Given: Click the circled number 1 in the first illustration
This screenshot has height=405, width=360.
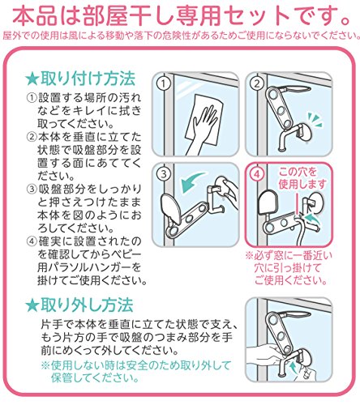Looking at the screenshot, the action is (x=163, y=84).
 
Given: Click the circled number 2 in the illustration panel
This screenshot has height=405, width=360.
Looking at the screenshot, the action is (x=256, y=83).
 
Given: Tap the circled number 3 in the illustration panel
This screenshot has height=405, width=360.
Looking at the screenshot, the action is (x=163, y=174).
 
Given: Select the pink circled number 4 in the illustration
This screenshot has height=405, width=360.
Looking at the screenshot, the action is (x=257, y=174).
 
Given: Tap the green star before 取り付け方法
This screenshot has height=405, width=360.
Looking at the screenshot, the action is (x=32, y=79).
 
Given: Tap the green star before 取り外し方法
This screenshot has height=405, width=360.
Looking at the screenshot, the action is (x=32, y=305).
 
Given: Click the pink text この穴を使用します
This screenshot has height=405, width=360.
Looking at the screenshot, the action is (x=302, y=178).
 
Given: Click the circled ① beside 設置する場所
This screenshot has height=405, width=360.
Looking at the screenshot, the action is (x=32, y=98).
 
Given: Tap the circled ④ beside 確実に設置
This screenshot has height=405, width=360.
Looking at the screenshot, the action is (x=32, y=241).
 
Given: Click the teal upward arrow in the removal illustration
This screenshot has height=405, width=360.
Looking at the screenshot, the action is (x=293, y=368).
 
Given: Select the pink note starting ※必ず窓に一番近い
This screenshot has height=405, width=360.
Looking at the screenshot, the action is (x=289, y=268).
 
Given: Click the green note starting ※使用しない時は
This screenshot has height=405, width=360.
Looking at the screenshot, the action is (x=135, y=372).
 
